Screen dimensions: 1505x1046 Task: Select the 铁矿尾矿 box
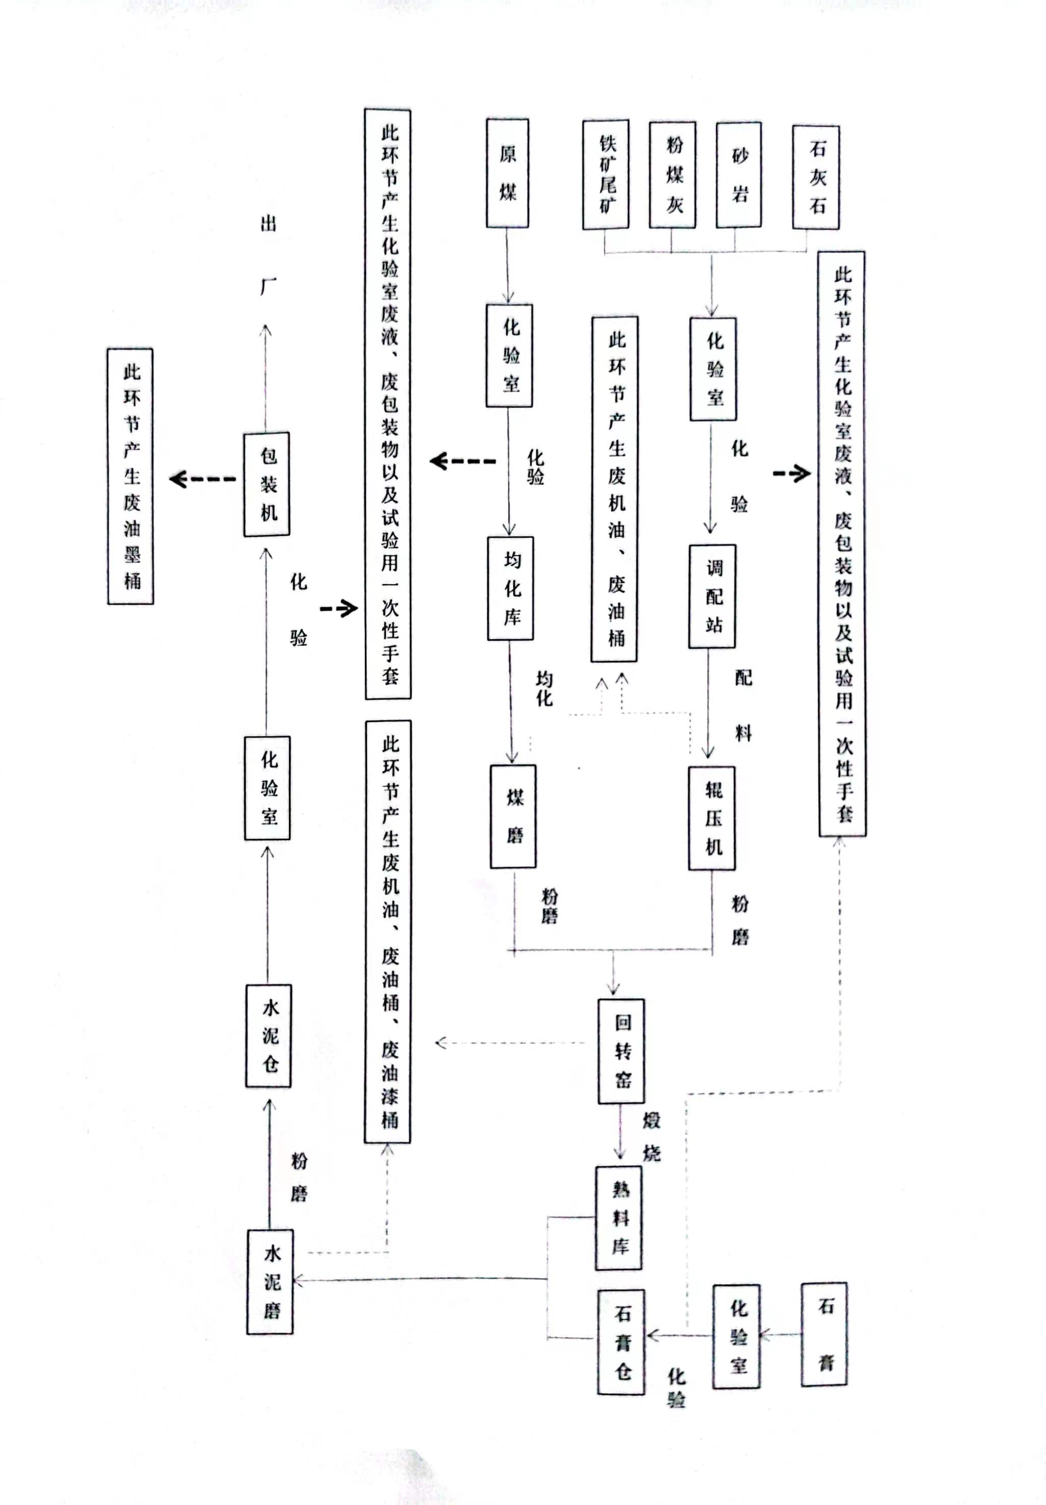[606, 174]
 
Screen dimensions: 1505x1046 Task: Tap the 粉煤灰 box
[673, 175]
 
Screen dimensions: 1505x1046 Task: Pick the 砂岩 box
[739, 175]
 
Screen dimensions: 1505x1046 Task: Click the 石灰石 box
[816, 177]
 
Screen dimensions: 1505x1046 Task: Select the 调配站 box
[713, 596]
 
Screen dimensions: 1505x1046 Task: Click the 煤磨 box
[514, 816]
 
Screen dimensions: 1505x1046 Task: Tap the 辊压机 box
[713, 818]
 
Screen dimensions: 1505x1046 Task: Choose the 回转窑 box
[621, 1051]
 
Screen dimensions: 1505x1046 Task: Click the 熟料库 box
[619, 1218]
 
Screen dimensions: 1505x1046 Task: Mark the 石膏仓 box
[621, 1342]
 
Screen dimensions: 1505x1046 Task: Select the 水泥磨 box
[270, 1282]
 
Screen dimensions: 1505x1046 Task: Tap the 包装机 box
[267, 484]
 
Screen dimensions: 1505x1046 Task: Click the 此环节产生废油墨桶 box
[131, 477]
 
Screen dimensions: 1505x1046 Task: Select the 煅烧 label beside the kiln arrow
[651, 1136]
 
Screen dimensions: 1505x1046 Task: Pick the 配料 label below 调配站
[743, 705]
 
